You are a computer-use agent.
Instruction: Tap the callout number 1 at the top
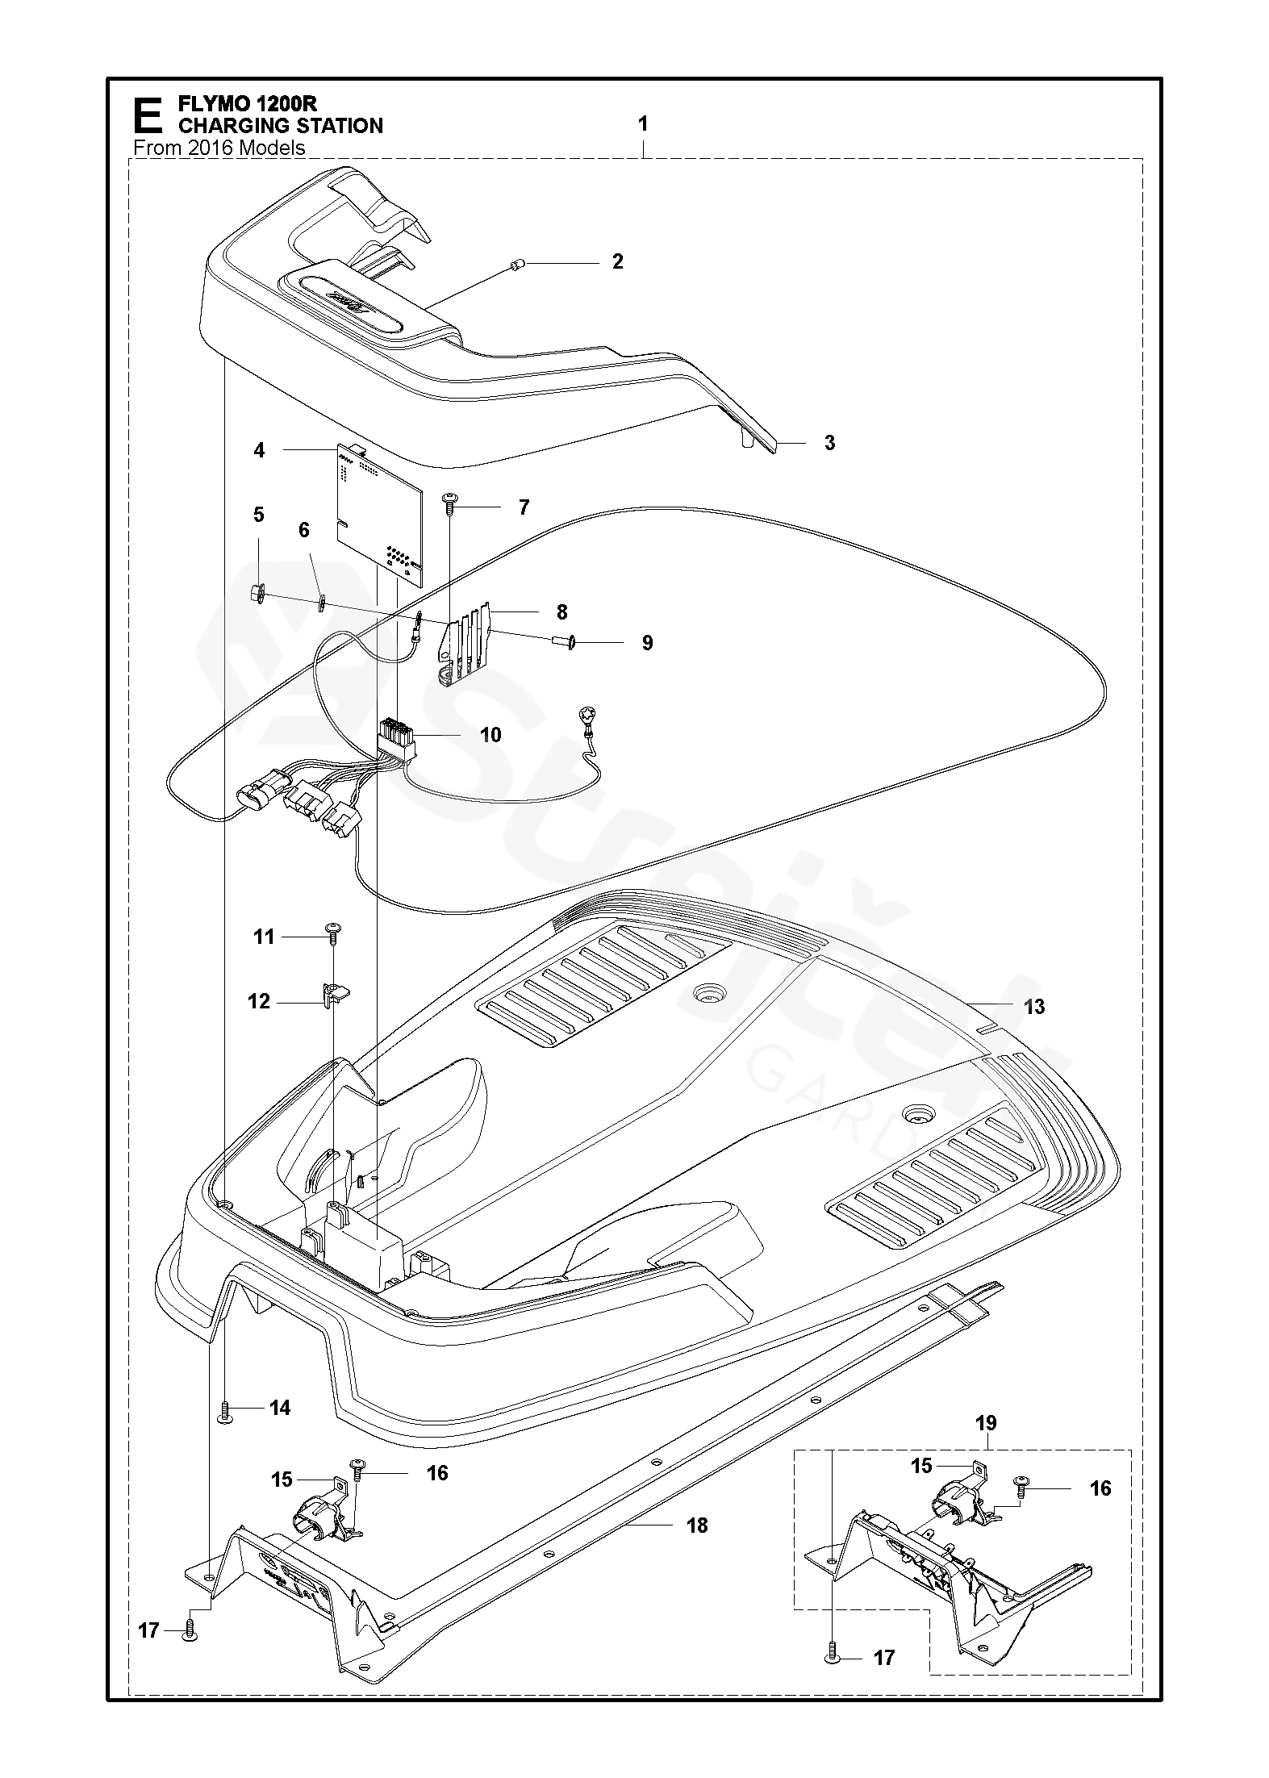643,124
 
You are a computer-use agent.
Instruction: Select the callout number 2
618,261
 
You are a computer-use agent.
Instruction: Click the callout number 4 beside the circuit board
259,450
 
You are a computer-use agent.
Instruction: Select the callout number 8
561,611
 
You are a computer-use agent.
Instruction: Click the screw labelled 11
333,930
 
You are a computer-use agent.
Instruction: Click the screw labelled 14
225,1409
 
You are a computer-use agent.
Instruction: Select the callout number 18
697,1525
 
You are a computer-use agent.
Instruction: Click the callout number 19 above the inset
987,1422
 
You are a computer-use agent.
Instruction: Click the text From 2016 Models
219,148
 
